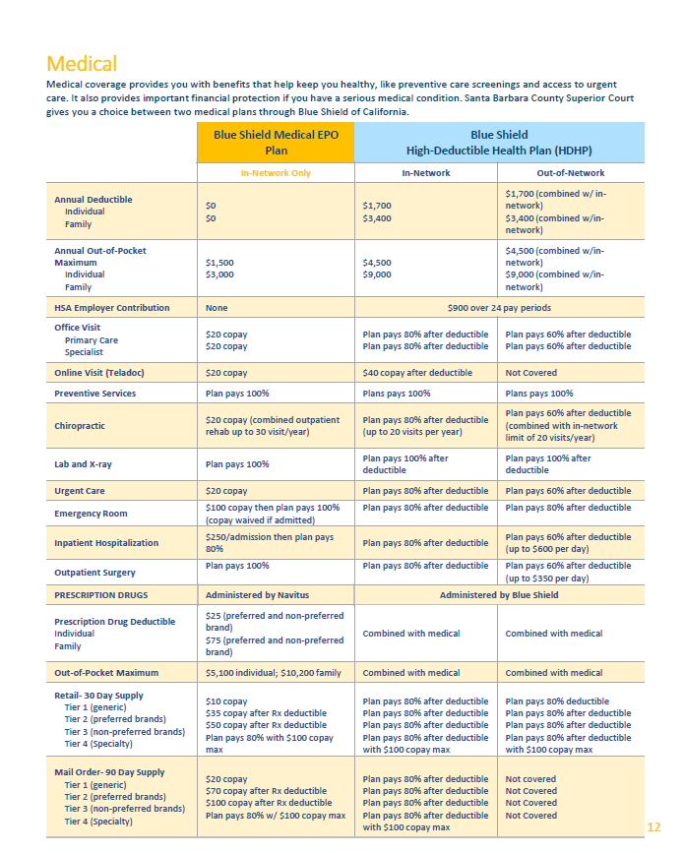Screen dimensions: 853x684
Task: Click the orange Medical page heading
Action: (82, 65)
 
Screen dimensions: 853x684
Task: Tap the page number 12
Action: (653, 826)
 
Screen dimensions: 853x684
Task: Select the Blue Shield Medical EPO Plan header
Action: (276, 143)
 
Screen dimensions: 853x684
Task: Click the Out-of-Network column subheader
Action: (568, 173)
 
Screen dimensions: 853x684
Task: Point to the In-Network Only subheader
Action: (276, 173)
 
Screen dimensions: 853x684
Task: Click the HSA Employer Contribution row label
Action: (111, 308)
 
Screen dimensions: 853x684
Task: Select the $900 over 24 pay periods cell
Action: (498, 308)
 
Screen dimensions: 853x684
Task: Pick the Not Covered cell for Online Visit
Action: (530, 373)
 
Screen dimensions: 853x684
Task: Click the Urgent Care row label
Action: (79, 491)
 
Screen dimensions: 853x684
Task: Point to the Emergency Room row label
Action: (90, 514)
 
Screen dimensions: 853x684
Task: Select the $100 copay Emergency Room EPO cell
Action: (273, 514)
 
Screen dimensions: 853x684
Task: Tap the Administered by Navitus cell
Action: (254, 595)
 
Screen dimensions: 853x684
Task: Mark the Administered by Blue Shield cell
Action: (498, 595)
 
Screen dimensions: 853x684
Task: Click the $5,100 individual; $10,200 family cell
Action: (273, 673)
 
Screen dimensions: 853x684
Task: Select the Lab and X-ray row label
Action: (83, 464)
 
